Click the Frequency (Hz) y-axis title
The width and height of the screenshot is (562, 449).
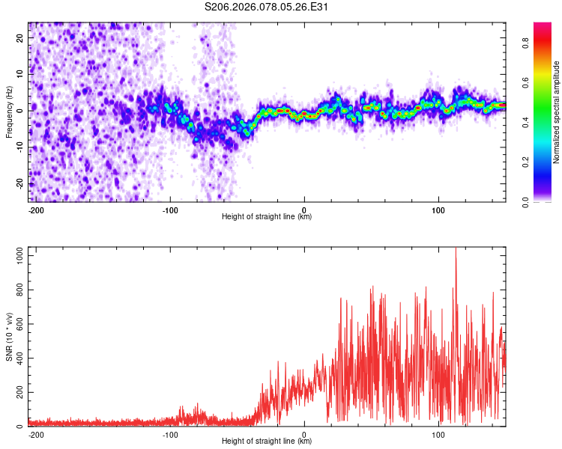[9, 112]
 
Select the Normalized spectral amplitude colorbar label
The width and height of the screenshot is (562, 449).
[557, 112]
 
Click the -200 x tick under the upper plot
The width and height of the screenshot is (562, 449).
[35, 209]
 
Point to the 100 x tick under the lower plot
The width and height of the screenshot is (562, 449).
[438, 433]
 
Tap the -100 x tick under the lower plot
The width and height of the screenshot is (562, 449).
[169, 433]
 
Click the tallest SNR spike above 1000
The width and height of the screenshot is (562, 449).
[456, 250]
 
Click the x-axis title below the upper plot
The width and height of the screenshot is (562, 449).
[267, 217]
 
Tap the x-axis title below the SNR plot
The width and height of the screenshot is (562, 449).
[267, 442]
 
